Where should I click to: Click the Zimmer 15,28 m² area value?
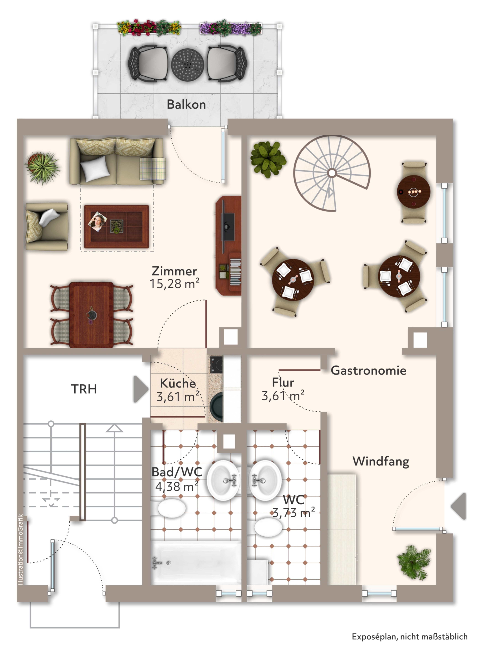(175, 284)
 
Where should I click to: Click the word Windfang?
(381, 461)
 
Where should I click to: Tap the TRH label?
(84, 389)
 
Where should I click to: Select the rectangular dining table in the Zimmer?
(91, 315)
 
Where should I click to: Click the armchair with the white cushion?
(47, 226)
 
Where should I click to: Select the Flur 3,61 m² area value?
(283, 396)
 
